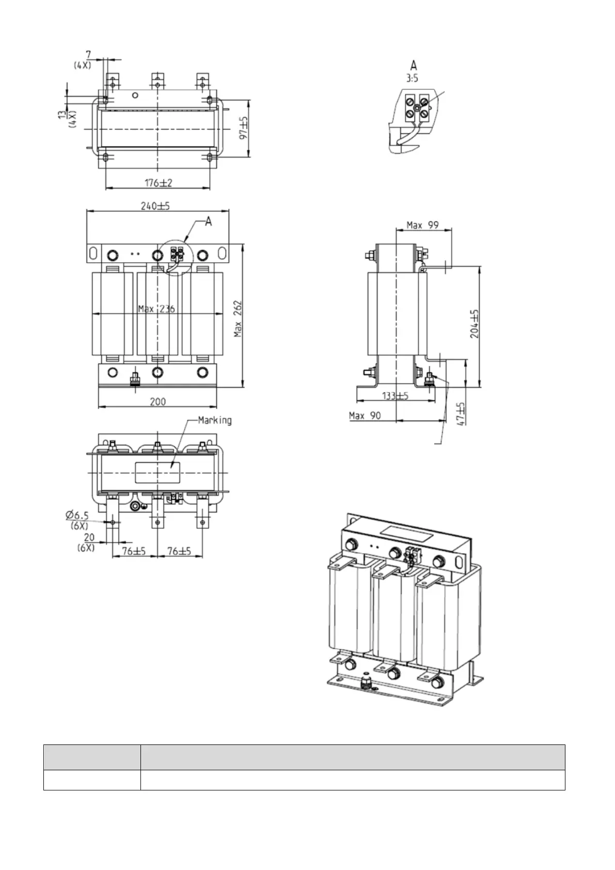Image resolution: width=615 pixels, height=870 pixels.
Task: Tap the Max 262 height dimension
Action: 238,319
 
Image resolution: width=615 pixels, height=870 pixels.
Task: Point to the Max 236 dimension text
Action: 156,309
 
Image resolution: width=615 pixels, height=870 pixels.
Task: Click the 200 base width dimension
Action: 157,401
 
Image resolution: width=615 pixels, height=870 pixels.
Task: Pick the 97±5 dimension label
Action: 244,129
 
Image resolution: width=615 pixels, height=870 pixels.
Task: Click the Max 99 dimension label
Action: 422,225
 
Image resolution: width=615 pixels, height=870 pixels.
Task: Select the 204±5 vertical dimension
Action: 475,324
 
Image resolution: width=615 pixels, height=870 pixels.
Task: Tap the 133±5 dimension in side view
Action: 396,396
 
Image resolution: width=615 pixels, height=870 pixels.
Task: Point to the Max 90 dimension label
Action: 365,415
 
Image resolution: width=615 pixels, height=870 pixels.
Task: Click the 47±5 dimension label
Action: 461,414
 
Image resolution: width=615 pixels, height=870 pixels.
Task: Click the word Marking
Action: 215,420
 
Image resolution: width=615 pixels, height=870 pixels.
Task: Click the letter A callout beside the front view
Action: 209,222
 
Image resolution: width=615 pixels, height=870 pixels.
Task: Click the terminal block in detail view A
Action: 416,105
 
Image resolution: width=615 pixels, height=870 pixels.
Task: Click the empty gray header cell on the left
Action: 92,758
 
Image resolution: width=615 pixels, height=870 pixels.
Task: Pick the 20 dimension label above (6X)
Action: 89,538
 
